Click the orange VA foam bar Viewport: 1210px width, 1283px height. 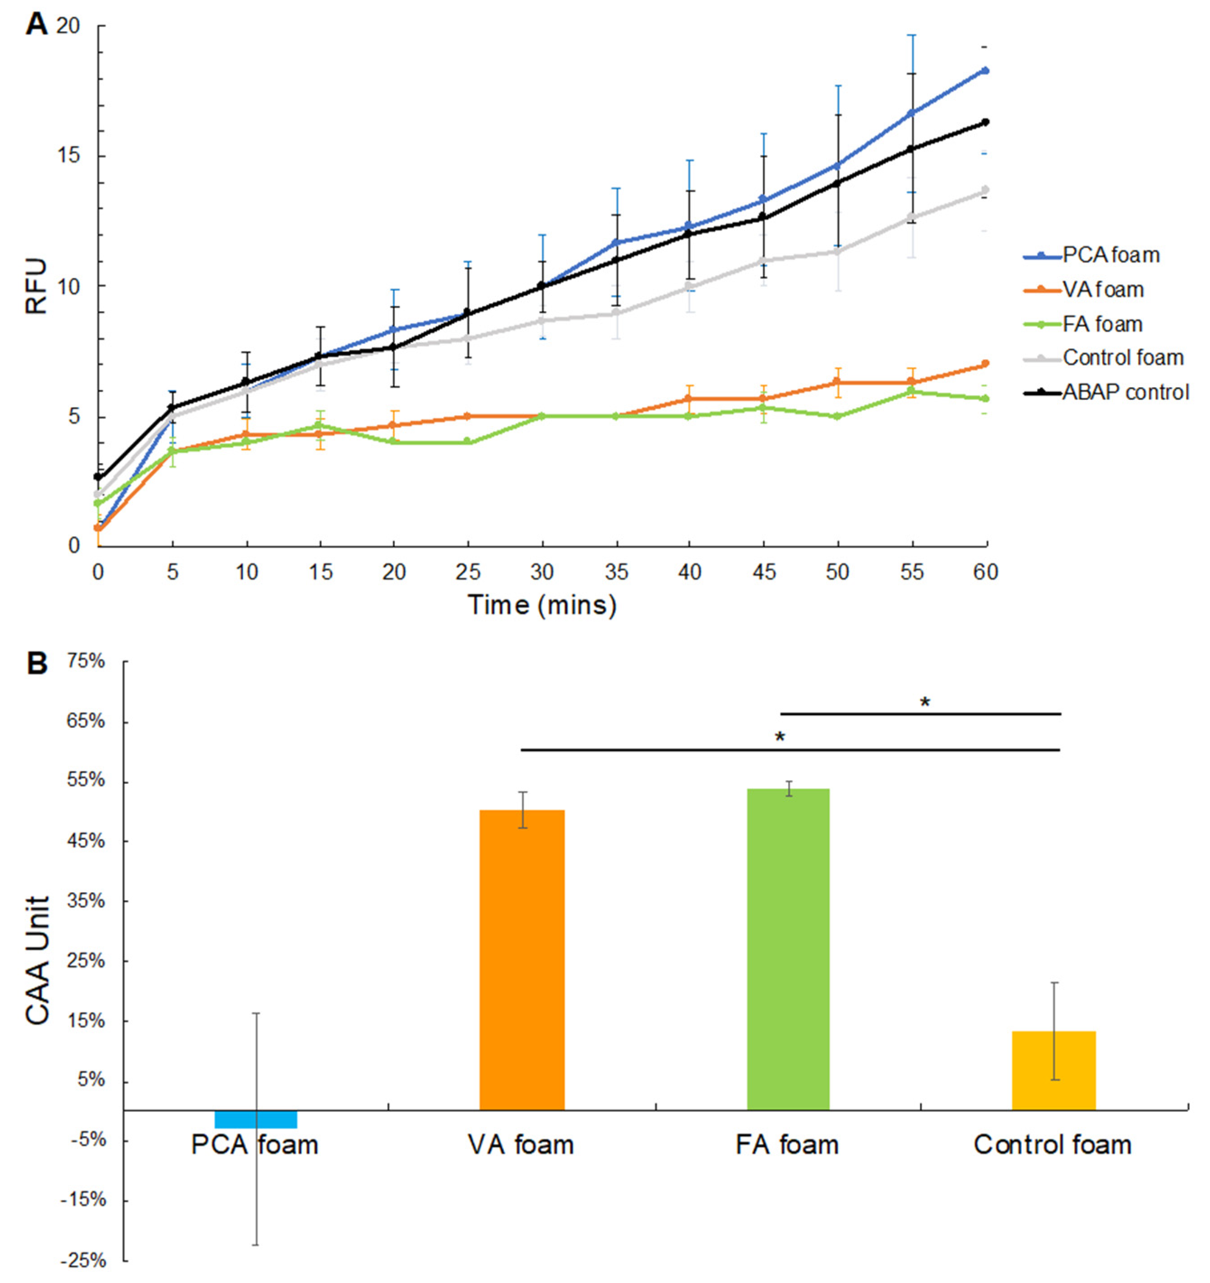[522, 960]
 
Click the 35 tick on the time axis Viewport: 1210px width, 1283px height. [616, 572]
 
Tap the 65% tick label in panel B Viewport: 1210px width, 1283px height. [85, 721]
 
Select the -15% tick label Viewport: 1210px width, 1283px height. [83, 1200]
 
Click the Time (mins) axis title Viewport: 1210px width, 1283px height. [542, 605]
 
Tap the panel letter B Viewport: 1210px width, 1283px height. [37, 663]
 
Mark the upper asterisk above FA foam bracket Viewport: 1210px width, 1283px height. [925, 703]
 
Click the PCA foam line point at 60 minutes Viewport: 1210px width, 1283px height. [985, 70]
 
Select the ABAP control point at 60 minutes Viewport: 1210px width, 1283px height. [985, 122]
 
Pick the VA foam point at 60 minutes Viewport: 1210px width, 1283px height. [985, 364]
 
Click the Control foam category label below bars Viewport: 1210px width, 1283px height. [1053, 1145]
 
